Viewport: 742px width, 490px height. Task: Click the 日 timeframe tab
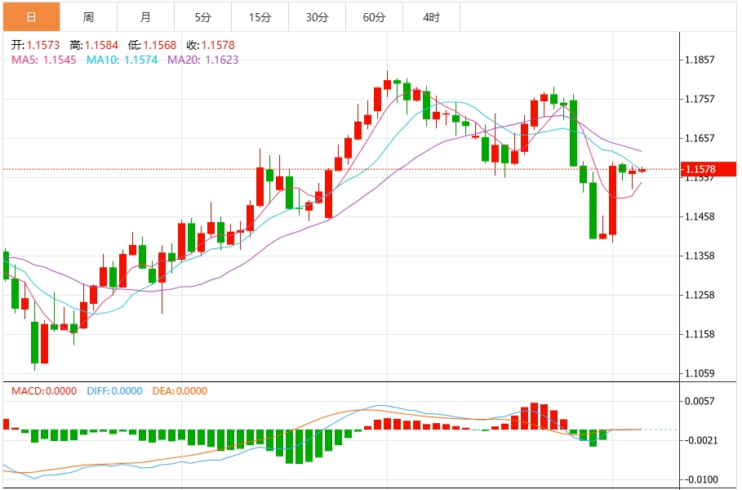pos(31,16)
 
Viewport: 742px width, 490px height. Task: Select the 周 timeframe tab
pos(88,16)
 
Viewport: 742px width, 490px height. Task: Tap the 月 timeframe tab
pos(145,16)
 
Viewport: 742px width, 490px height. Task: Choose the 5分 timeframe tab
pos(202,16)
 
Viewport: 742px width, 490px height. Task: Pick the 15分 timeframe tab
pos(260,16)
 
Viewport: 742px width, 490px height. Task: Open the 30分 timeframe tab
pos(317,16)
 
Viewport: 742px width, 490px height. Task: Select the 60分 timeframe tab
pos(374,16)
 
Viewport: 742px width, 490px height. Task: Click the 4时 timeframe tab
pos(431,16)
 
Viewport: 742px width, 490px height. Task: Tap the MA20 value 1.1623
pos(221,60)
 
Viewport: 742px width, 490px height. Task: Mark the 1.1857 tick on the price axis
pos(700,60)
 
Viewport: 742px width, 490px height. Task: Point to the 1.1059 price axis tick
pos(700,373)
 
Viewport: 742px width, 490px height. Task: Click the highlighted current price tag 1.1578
pos(700,170)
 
